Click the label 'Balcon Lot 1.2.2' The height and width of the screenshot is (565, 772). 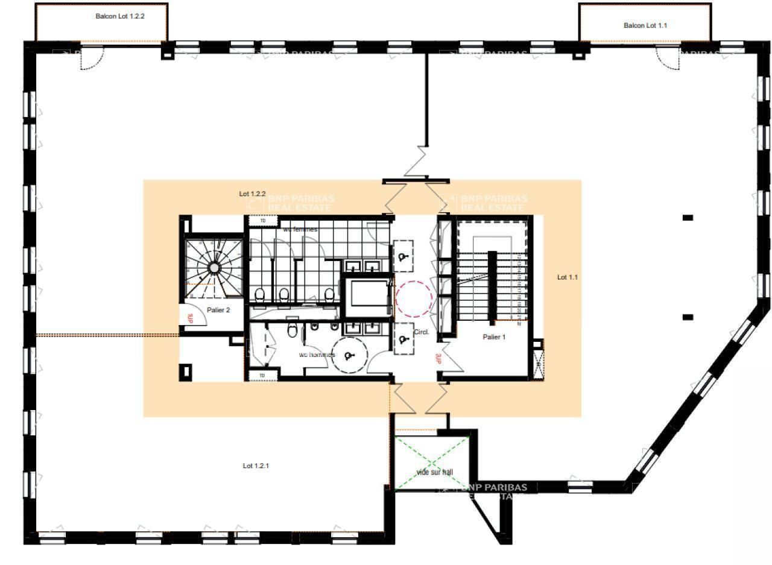click(120, 16)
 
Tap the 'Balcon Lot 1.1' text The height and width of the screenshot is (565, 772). click(645, 25)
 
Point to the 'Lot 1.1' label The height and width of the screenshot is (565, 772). click(567, 277)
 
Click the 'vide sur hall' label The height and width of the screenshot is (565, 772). click(434, 472)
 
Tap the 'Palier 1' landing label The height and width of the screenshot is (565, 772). click(494, 337)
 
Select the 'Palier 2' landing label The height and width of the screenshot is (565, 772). click(218, 310)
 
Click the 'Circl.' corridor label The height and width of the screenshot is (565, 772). click(421, 332)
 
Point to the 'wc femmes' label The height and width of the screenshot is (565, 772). click(300, 229)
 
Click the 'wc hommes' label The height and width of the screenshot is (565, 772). click(317, 355)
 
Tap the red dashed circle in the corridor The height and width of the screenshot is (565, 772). click(413, 298)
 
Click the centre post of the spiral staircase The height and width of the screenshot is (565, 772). click(214, 268)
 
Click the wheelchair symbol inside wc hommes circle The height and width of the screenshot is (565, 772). click(349, 356)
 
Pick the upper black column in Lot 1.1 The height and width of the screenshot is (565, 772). click(688, 218)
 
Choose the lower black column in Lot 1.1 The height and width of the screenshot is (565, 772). click(688, 317)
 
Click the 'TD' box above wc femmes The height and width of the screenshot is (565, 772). click(262, 221)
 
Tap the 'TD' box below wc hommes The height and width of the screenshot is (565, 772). click(262, 376)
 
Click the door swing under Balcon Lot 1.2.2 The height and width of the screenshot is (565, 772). click(92, 58)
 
